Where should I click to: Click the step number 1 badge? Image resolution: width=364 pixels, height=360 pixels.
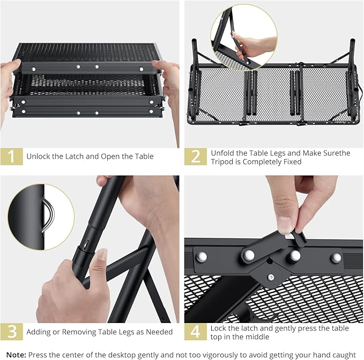click(x=11, y=156)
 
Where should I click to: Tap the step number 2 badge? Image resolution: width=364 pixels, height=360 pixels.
click(x=196, y=156)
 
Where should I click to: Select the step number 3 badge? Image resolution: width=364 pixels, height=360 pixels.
click(x=11, y=332)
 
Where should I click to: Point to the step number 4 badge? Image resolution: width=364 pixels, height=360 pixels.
click(x=196, y=332)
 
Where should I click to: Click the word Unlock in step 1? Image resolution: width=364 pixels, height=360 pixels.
click(x=40, y=156)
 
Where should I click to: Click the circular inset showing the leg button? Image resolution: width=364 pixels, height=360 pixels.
click(x=41, y=216)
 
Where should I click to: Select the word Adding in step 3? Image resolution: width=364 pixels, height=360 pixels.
click(x=40, y=332)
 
